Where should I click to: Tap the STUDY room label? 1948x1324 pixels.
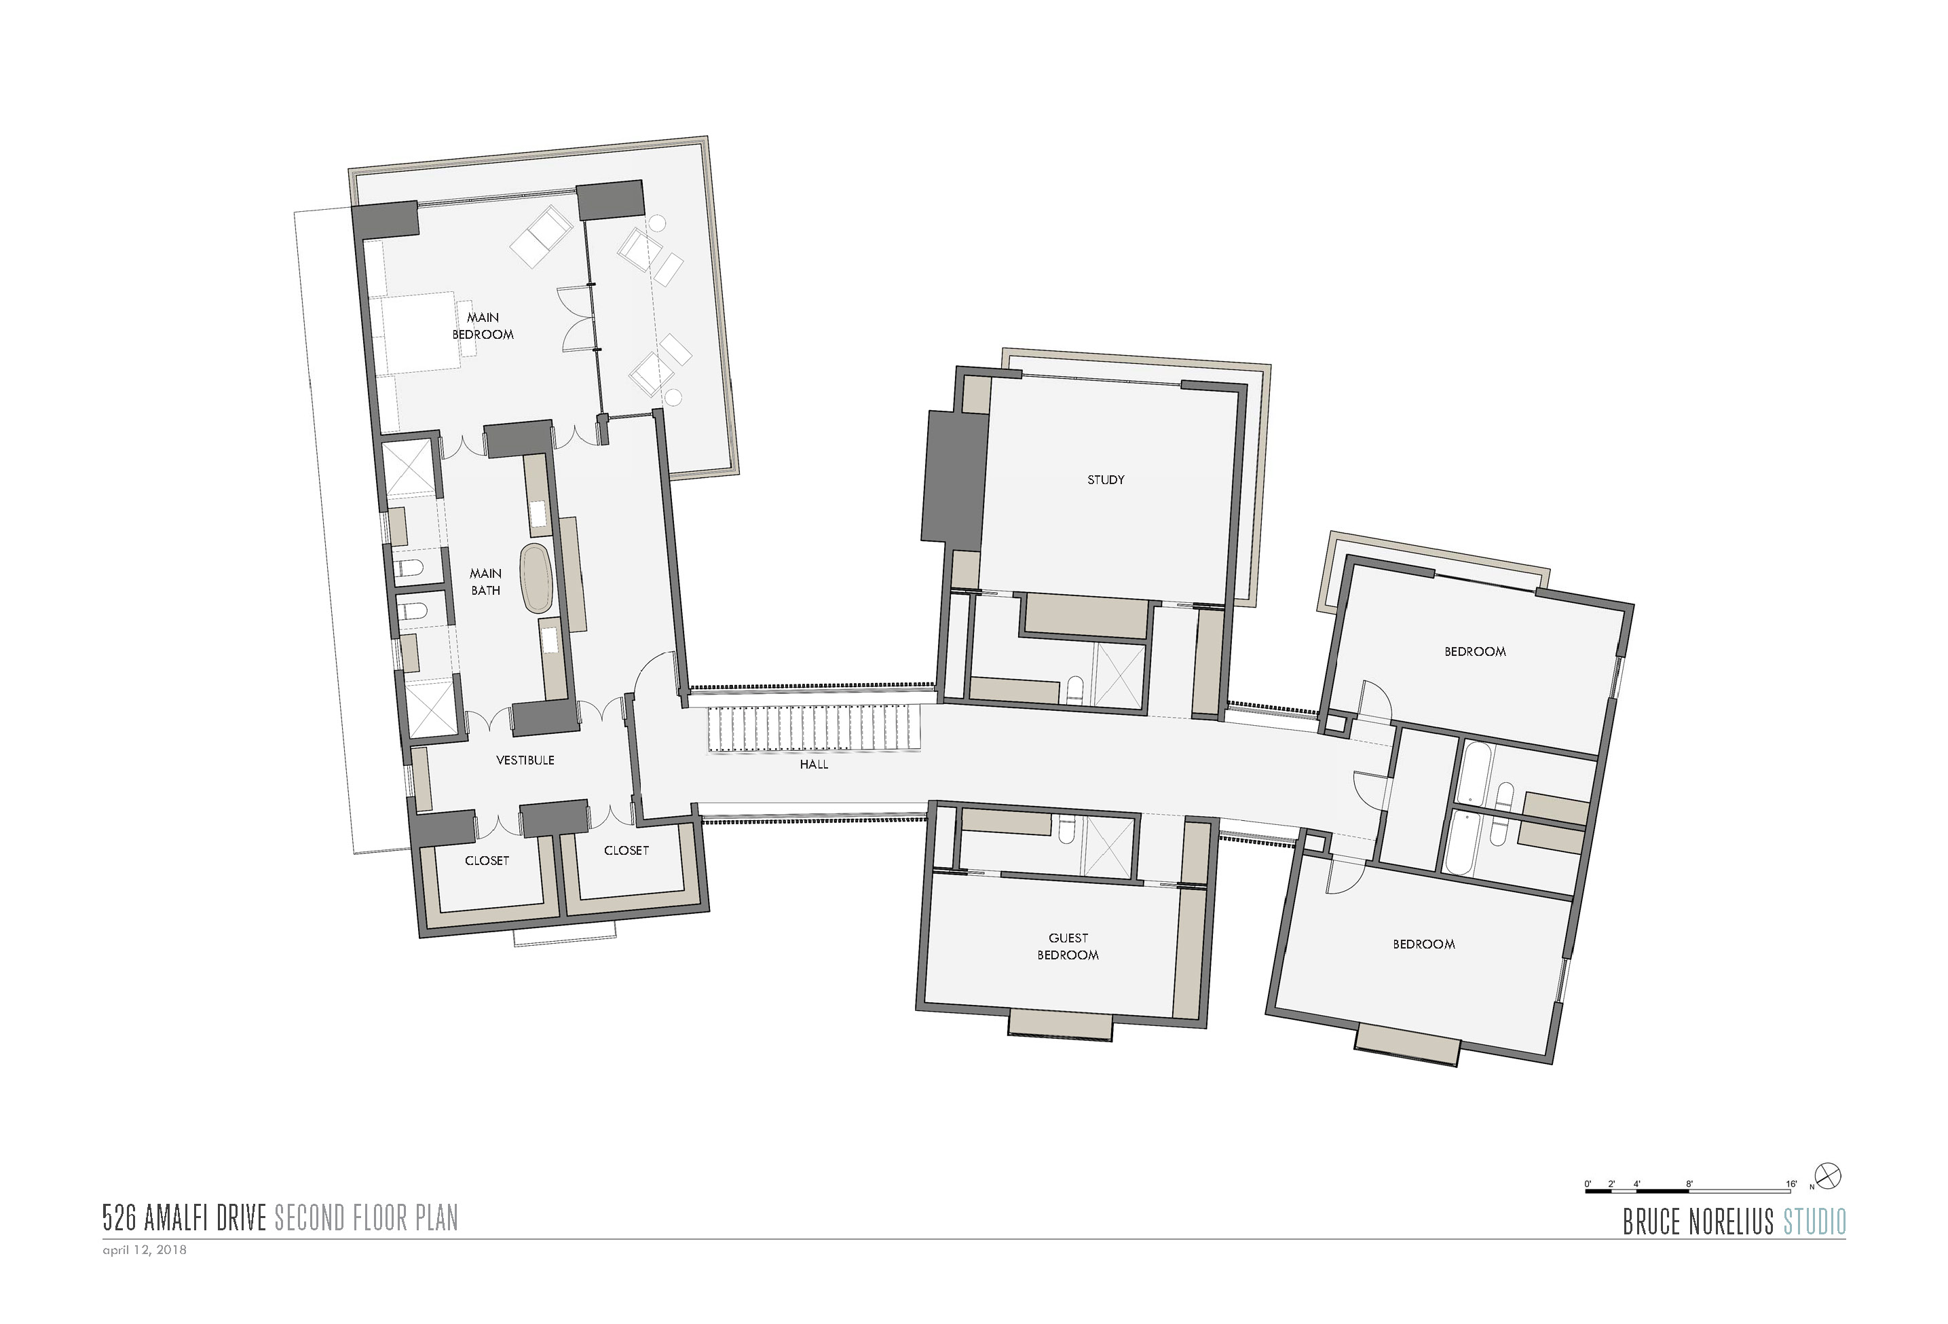point(1106,479)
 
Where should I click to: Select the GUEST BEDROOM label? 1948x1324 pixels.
point(1068,946)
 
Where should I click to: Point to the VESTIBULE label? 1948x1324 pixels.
point(525,760)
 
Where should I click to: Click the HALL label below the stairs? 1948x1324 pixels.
point(813,764)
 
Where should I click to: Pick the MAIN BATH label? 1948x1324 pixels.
point(485,581)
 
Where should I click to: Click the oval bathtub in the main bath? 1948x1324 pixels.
point(536,577)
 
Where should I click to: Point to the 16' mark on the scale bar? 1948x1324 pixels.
point(1791,1183)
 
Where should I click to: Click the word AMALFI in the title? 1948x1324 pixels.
point(177,1217)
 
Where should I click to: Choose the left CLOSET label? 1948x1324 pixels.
point(487,860)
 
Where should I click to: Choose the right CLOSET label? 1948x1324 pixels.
point(626,850)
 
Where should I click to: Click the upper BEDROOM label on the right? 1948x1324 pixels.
point(1475,650)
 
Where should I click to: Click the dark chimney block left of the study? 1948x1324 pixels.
point(954,476)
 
